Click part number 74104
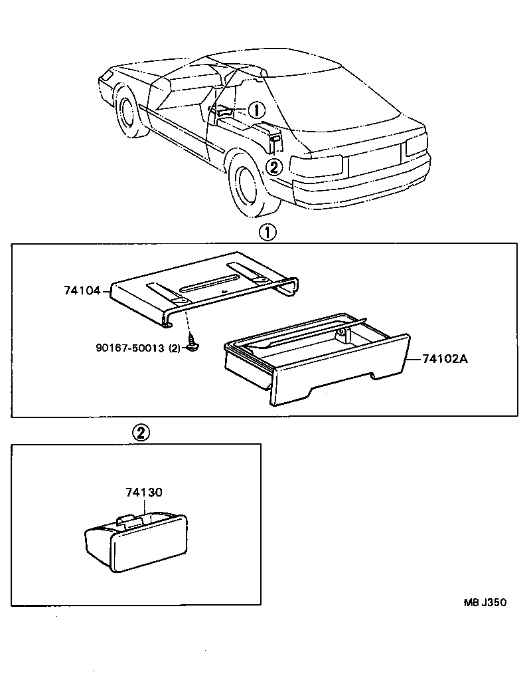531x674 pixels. [x=82, y=290]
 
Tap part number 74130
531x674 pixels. [x=144, y=493]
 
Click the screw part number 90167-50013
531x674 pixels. [x=129, y=348]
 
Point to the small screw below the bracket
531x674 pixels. [x=193, y=346]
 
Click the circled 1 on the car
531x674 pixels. [x=258, y=110]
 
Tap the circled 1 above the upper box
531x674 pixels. [x=266, y=232]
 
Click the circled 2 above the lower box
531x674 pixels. [x=140, y=432]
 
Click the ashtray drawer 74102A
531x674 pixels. [x=319, y=362]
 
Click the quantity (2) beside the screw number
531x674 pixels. [x=175, y=348]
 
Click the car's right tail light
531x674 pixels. [x=416, y=144]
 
